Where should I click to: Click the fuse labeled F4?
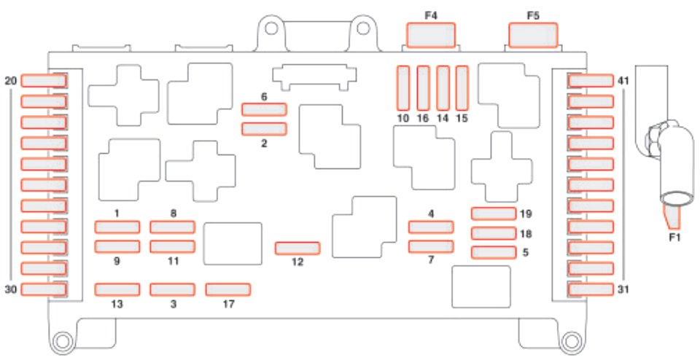point(430,35)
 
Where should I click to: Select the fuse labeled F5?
point(532,35)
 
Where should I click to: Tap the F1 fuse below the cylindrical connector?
point(672,216)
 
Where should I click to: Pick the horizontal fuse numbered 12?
point(297,249)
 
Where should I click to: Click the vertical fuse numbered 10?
point(403,87)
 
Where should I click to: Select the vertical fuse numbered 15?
point(461,87)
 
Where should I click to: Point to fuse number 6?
point(264,109)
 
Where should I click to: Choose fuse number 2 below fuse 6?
point(264,129)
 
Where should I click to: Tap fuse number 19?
point(493,214)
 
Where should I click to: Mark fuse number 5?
point(493,253)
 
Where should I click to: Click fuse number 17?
point(227,290)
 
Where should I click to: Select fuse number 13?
point(117,290)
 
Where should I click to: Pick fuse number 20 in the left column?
point(44,81)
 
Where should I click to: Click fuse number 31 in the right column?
point(591,290)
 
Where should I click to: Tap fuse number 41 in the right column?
point(591,81)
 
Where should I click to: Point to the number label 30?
point(9,289)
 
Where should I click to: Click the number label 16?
point(422,118)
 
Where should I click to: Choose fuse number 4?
point(430,228)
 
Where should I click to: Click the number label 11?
point(173,259)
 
